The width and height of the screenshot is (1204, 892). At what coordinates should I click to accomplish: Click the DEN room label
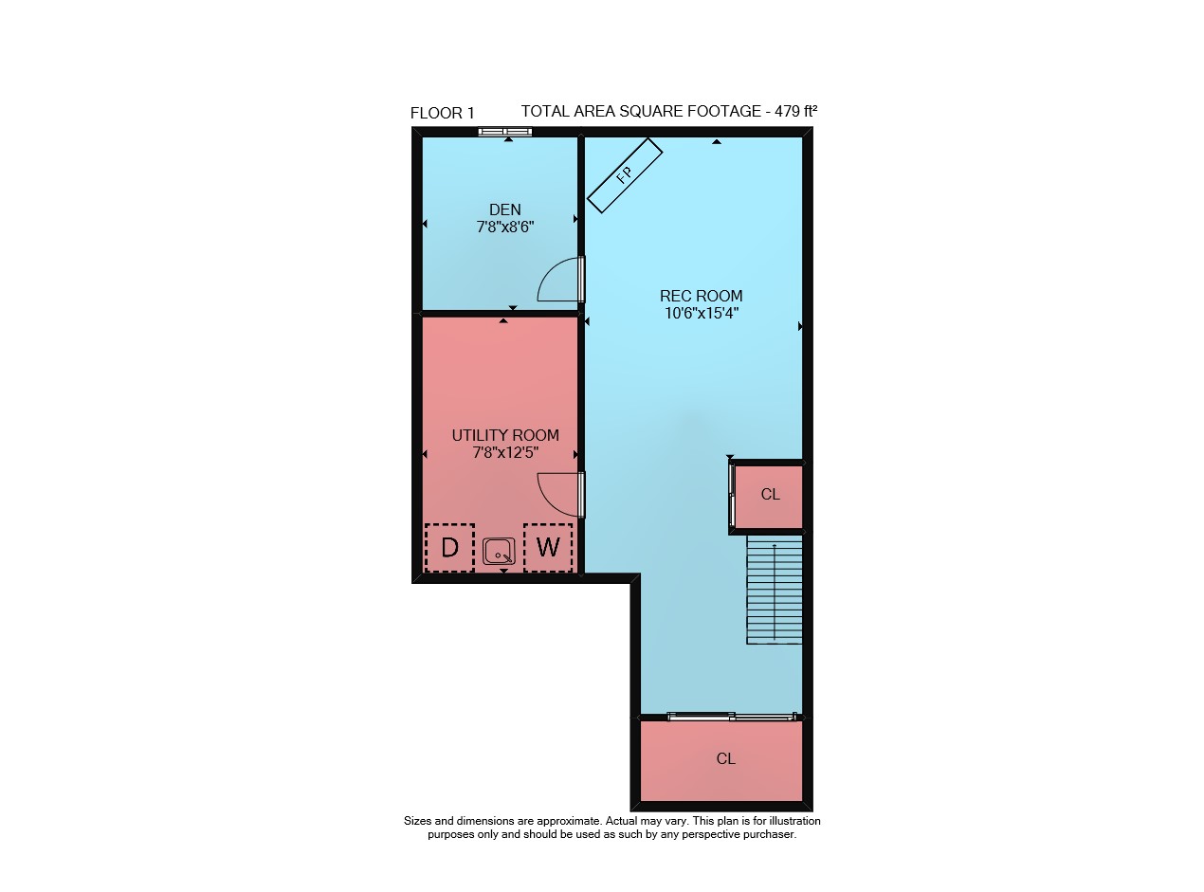[504, 209]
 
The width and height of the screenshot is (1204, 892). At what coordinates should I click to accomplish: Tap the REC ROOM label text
[701, 296]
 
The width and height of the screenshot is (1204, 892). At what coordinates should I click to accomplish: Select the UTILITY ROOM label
[505, 435]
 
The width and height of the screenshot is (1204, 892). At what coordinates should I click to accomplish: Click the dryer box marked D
[449, 547]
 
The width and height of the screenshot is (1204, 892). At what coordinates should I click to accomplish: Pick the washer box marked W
[548, 547]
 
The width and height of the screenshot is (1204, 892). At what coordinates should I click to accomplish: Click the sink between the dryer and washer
[499, 551]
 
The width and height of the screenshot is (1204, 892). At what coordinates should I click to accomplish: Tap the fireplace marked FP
[625, 175]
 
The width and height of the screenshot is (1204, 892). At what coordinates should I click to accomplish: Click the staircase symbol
[775, 590]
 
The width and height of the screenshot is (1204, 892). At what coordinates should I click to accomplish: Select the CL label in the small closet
[770, 494]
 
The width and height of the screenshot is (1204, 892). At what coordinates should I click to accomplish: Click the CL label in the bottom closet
[726, 758]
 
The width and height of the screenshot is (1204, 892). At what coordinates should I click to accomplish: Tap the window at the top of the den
[505, 132]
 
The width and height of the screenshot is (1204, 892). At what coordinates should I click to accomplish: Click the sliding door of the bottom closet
[731, 717]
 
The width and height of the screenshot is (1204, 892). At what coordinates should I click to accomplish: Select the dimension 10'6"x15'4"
[702, 313]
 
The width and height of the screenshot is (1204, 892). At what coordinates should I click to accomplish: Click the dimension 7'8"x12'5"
[505, 452]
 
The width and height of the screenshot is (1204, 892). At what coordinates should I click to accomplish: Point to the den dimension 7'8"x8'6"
[505, 227]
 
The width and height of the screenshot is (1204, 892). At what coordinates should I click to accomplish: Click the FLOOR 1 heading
[443, 113]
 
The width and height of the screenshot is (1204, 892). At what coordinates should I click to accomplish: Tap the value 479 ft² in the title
[795, 111]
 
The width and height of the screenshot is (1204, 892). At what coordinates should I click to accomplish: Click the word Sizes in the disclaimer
[417, 820]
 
